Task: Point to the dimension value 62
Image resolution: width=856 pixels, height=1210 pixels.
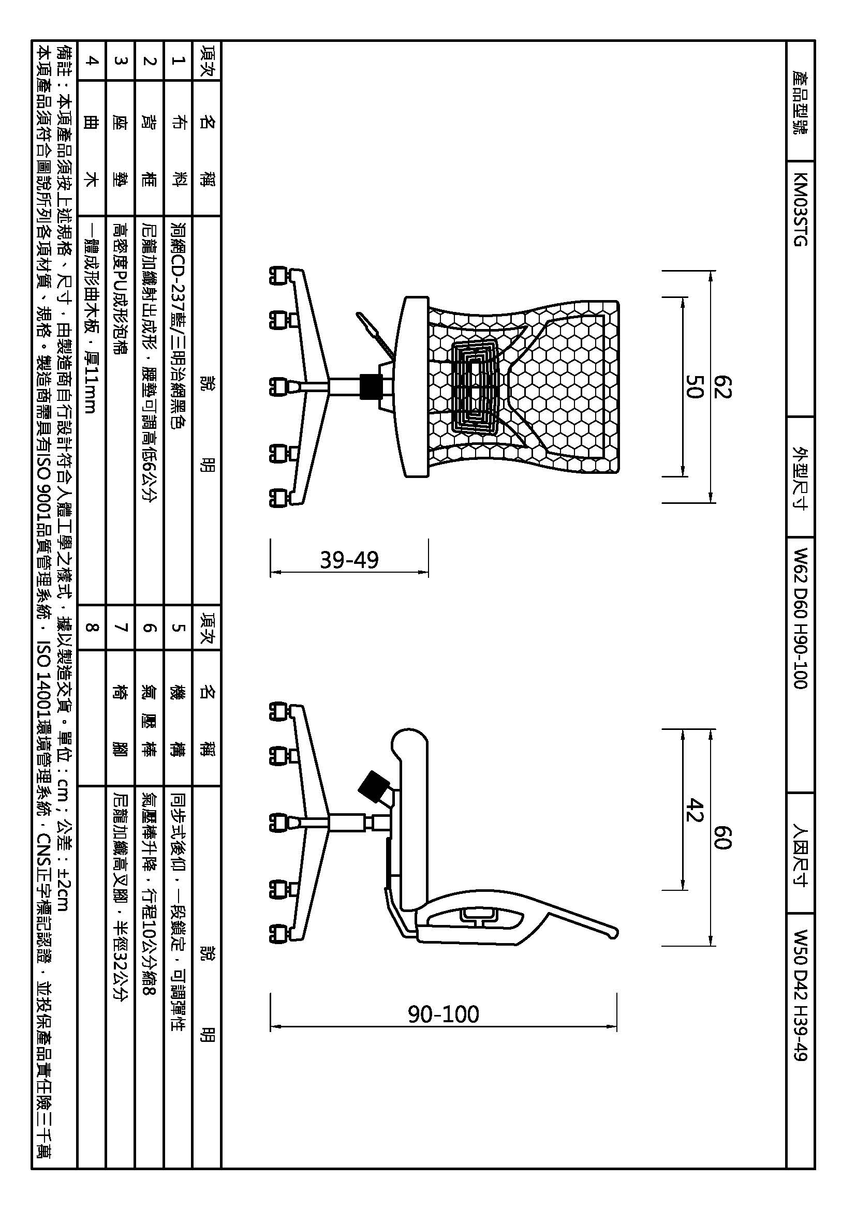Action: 722,387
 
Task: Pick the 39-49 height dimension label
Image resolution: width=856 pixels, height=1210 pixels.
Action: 349,560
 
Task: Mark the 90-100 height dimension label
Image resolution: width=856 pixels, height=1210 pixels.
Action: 444,1014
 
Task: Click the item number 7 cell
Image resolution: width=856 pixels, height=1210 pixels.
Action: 121,627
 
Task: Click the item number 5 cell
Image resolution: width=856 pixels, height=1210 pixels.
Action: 178,627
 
